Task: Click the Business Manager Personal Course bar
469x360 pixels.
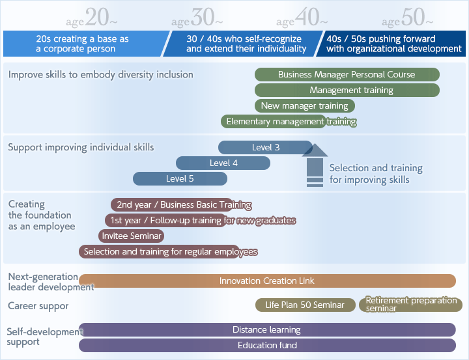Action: coord(347,74)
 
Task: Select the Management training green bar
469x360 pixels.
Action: coord(347,90)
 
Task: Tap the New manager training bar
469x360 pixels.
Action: coord(305,105)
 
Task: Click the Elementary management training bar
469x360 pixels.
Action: coord(274,121)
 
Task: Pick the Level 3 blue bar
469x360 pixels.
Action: coord(265,147)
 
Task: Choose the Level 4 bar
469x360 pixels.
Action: coord(223,163)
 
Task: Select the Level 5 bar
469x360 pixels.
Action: coord(180,178)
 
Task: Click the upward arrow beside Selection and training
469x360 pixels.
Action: coord(315,165)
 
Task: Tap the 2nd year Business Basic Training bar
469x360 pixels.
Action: coord(172,204)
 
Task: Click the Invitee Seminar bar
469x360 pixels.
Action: coord(132,236)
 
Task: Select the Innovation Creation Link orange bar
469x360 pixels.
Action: coord(268,281)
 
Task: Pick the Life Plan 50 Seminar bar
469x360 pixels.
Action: coord(306,305)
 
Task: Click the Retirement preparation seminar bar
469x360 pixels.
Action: coord(410,305)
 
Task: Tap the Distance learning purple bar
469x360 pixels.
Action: coord(268,329)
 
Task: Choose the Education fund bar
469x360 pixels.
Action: coord(268,345)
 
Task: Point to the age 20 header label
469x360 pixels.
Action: coord(92,18)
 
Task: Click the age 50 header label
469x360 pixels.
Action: coord(407,18)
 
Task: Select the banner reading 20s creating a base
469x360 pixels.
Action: coord(85,44)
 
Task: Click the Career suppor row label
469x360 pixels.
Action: coord(38,306)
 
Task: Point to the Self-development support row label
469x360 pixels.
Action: coord(45,337)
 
